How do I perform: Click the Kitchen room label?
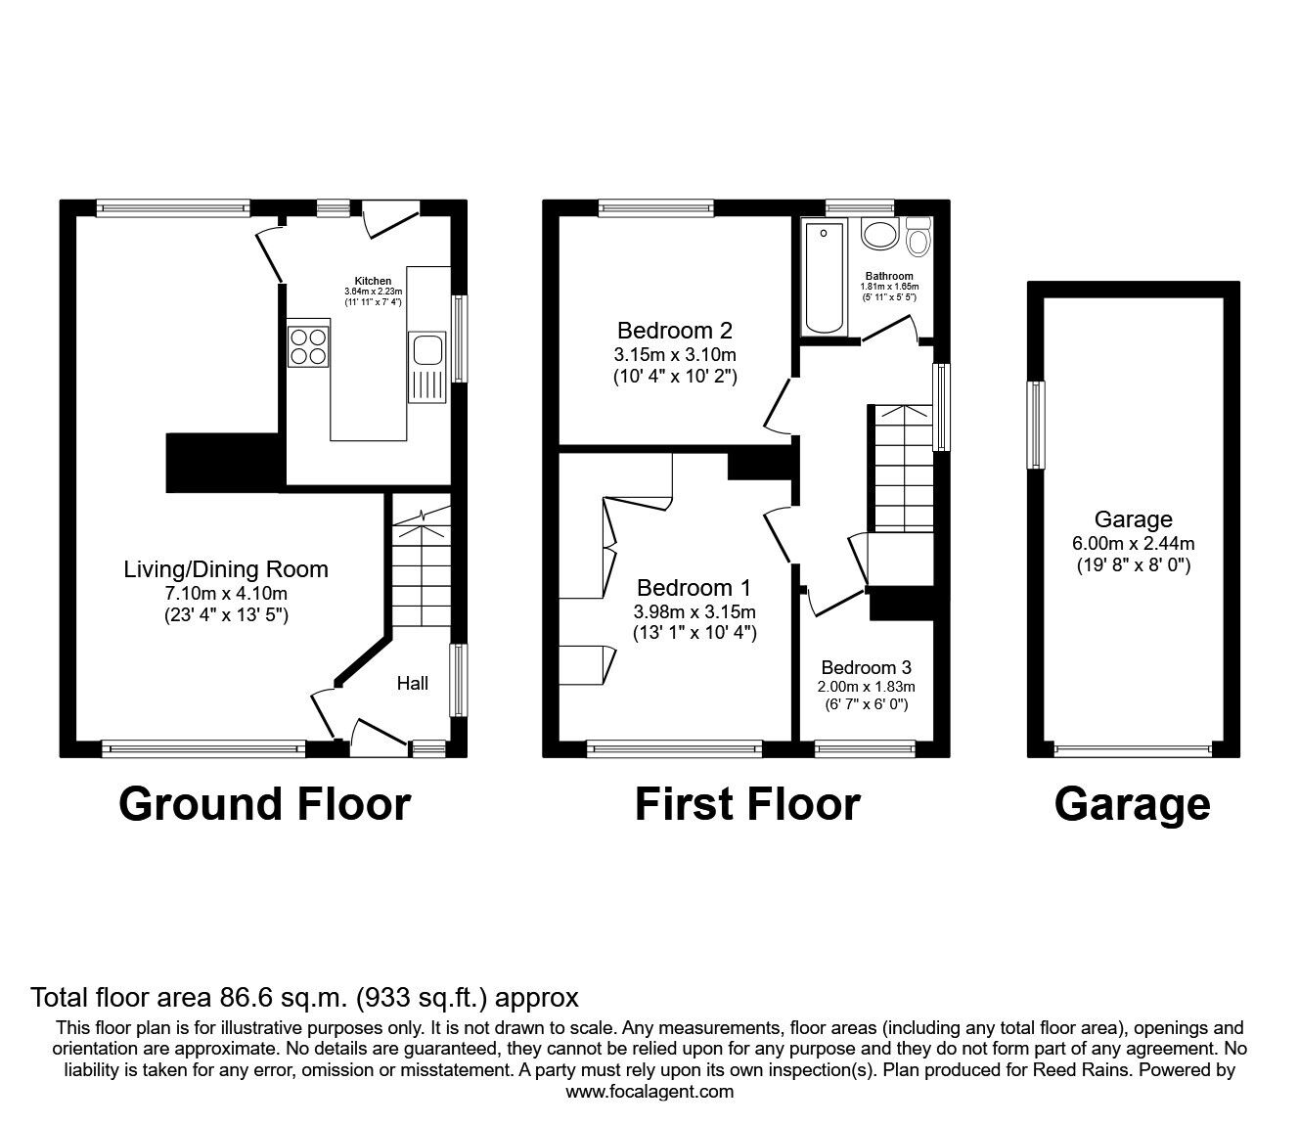coord(373,281)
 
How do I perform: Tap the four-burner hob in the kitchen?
coord(309,346)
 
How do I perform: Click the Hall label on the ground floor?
coord(412,683)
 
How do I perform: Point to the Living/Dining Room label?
coord(226,569)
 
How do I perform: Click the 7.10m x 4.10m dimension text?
coord(226,593)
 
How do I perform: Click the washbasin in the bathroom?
coord(879,235)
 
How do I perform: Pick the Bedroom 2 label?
coord(675,331)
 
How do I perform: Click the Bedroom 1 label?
coord(694,588)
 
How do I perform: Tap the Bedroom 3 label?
coord(866,667)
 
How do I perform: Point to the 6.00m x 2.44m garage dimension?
coord(1133,543)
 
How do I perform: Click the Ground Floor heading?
coord(264,804)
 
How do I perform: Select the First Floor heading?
coord(747,804)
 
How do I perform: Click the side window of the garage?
coord(1036,425)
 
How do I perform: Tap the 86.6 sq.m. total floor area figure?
coord(277,998)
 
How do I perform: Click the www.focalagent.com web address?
coord(649,1092)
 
